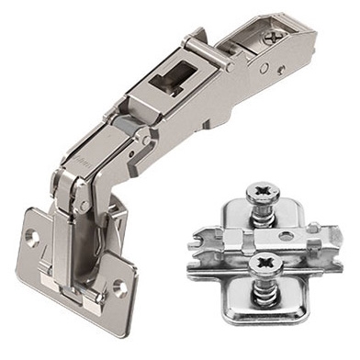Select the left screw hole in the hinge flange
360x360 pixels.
tap(32, 236)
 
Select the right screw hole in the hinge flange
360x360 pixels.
tap(119, 287)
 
